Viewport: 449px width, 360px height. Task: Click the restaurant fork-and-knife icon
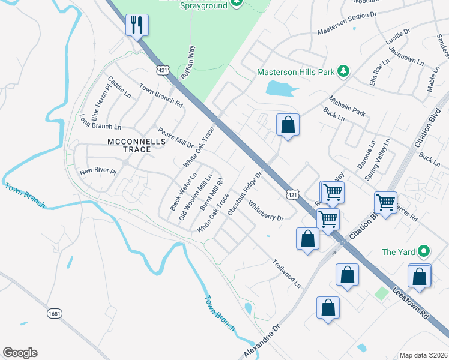pyautogui.click(x=137, y=25)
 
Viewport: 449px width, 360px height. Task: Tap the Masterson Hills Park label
pyautogui.click(x=295, y=72)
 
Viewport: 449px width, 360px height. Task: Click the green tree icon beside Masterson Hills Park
pyautogui.click(x=343, y=71)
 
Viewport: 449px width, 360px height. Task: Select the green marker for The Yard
pyautogui.click(x=424, y=252)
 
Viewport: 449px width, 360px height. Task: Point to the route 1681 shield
pyautogui.click(x=55, y=313)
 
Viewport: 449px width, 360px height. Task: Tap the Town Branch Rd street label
pyautogui.click(x=161, y=95)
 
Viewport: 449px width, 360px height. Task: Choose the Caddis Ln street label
pyautogui.click(x=119, y=87)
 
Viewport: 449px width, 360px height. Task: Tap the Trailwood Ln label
pyautogui.click(x=286, y=272)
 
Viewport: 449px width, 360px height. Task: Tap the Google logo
pyautogui.click(x=20, y=353)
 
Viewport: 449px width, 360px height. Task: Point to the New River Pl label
pyautogui.click(x=97, y=172)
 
